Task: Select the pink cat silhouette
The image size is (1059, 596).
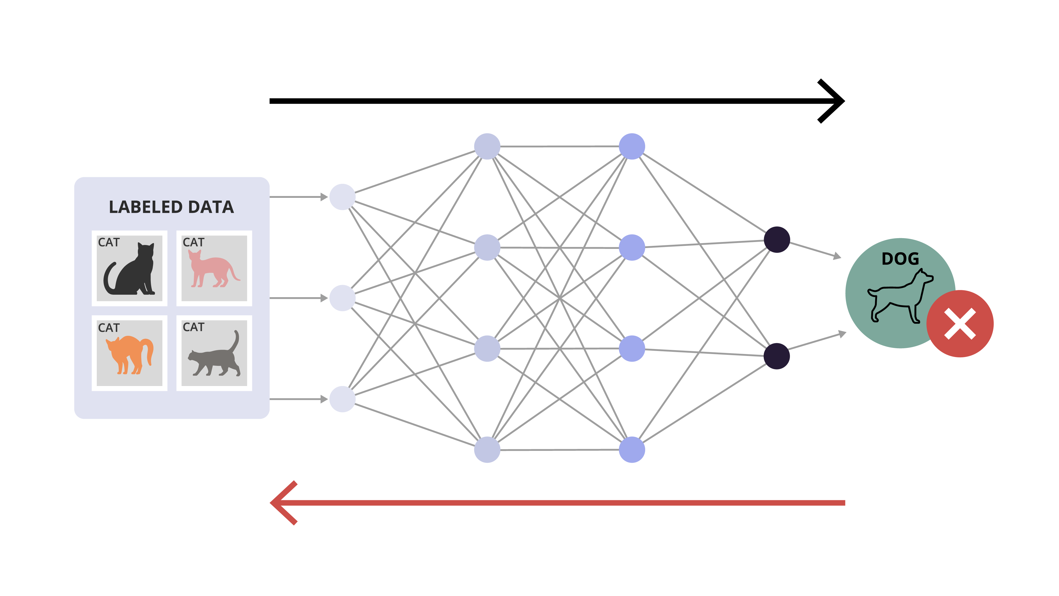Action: [212, 269]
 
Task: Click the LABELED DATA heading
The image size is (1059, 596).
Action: [171, 207]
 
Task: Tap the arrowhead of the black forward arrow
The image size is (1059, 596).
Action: [835, 101]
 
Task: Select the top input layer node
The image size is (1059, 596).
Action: [342, 197]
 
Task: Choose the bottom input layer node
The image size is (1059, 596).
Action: [342, 399]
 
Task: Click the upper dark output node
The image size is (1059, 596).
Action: [777, 240]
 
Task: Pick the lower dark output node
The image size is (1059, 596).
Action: [777, 356]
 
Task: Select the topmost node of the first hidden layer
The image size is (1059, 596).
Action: [487, 147]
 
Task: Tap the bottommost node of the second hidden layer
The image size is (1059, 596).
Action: [632, 449]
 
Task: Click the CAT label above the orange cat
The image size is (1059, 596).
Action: [109, 328]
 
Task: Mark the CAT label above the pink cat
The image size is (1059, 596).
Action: [193, 242]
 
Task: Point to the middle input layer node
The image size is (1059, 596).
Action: [342, 298]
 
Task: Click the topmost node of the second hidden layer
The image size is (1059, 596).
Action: [632, 147]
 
